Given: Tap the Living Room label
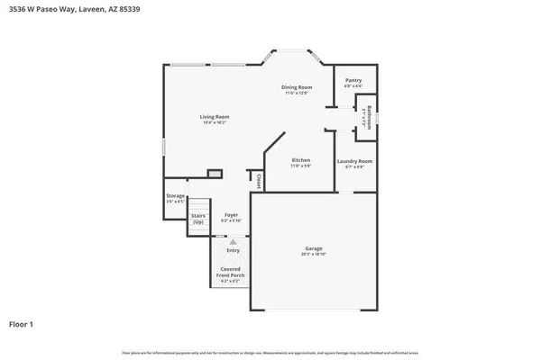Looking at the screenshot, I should point(215,116).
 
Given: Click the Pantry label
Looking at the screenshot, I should point(353,80).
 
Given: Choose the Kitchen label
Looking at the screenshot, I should point(300,160).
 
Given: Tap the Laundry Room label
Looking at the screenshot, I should point(354,161).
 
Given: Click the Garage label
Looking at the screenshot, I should point(313,248).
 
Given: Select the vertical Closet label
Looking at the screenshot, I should point(258,181).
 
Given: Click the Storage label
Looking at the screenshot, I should point(175,195).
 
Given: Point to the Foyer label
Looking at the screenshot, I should point(231,215).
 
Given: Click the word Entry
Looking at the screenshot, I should point(233,250).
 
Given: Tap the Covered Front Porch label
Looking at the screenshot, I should point(233,273).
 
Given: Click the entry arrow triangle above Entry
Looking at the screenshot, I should point(233,241).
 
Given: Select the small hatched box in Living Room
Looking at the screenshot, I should point(215,174).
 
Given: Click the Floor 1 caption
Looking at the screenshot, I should point(23,323).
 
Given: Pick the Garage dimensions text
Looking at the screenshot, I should point(313,255).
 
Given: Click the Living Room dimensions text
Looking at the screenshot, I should point(215,122).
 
